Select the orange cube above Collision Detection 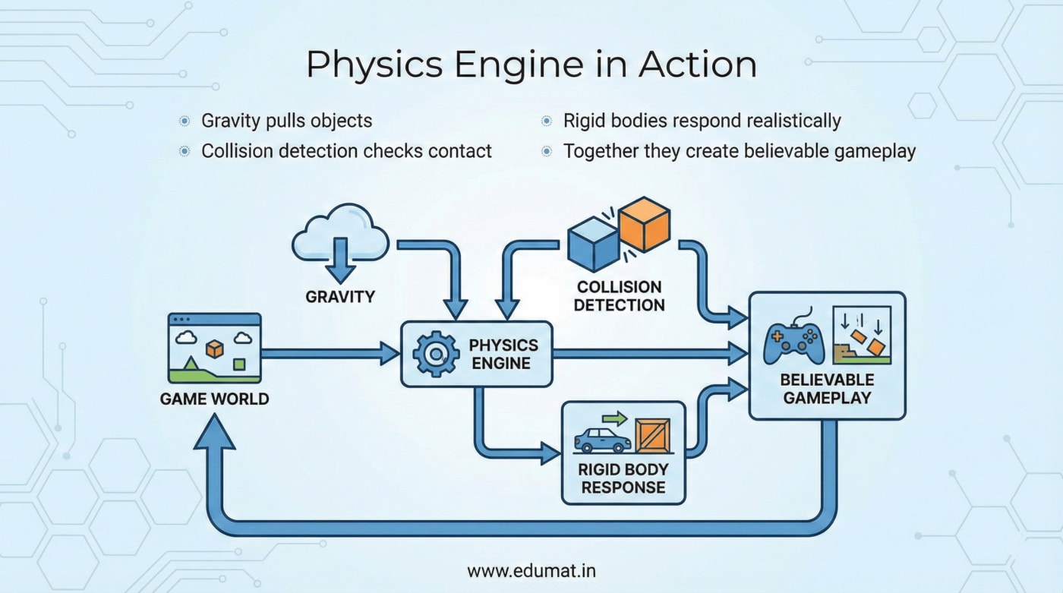click(644, 224)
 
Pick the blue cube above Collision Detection click(593, 243)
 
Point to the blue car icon click(602, 440)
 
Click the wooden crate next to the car click(652, 437)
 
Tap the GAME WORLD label click(214, 398)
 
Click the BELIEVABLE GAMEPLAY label click(827, 388)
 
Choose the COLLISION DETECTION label click(619, 296)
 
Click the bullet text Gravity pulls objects click(286, 121)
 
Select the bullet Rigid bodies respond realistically click(702, 121)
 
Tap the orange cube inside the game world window click(215, 348)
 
